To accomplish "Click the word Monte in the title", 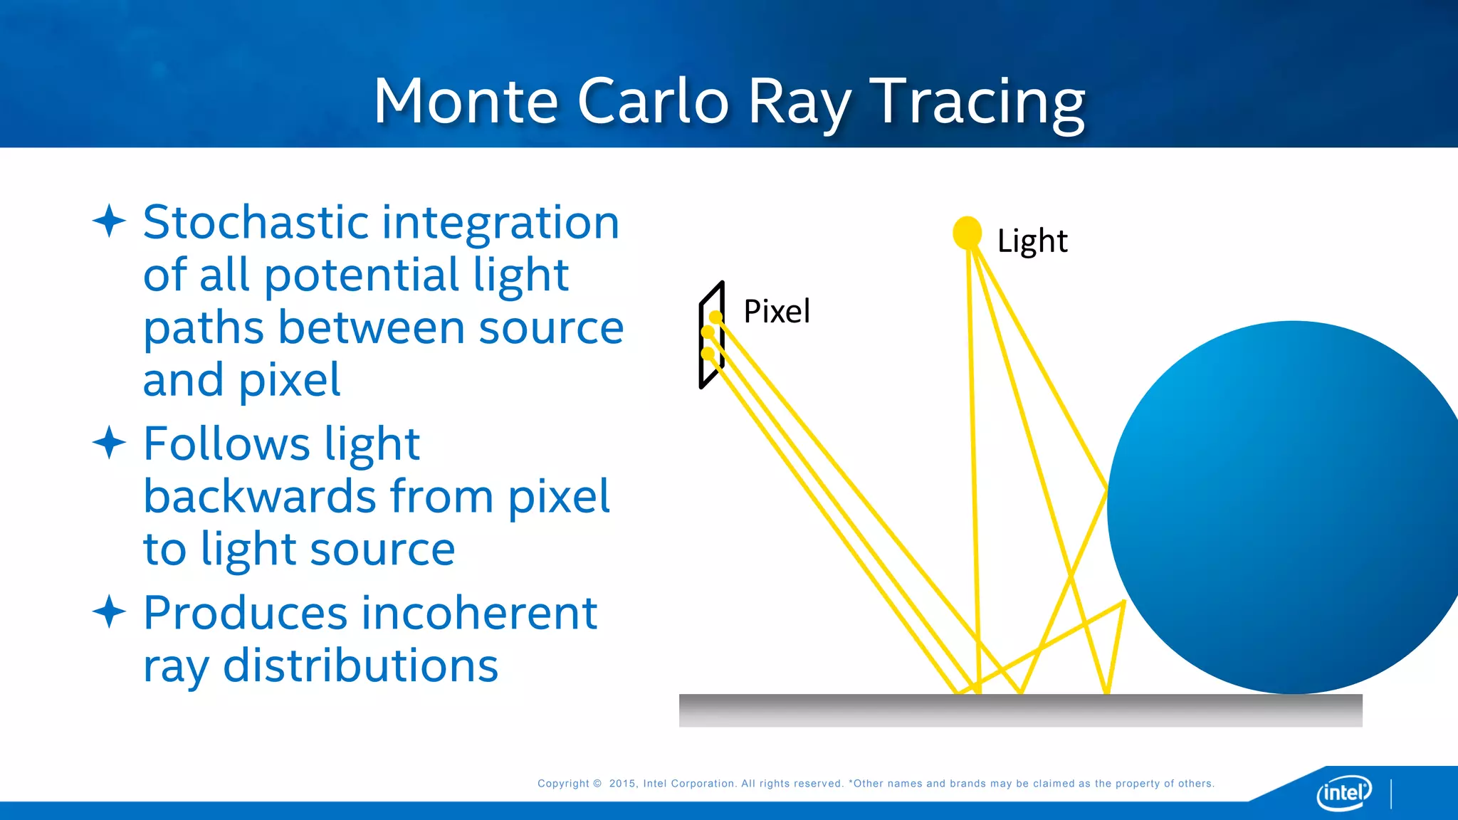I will pyautogui.click(x=466, y=102).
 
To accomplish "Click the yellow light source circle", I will pyautogui.click(x=967, y=233).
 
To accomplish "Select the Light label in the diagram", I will pyautogui.click(x=1032, y=241).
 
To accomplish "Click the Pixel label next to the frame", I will pyautogui.click(x=776, y=312).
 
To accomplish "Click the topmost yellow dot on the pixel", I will pyautogui.click(x=715, y=317).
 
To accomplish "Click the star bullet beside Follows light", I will pyautogui.click(x=109, y=442).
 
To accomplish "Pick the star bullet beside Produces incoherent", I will pyautogui.click(x=109, y=611).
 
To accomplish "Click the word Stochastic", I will pyautogui.click(x=255, y=222).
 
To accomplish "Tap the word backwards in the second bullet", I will pyautogui.click(x=259, y=496).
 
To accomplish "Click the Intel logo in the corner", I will pyautogui.click(x=1343, y=792).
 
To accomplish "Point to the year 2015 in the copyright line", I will pyautogui.click(x=622, y=784).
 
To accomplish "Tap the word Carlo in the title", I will pyautogui.click(x=653, y=102).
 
